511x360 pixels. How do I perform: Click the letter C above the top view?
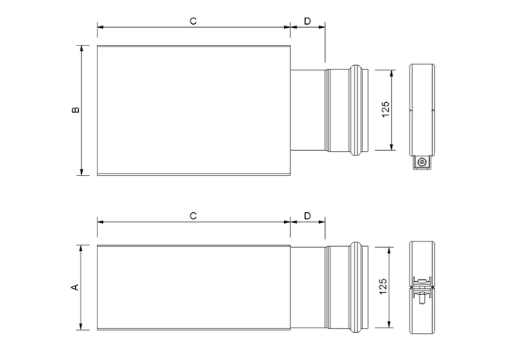tap(194, 21)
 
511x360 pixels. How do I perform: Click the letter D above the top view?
tap(307, 21)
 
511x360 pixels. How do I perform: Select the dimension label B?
tap(75, 110)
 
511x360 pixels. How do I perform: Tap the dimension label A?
tap(75, 287)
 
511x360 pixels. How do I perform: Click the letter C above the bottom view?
tap(194, 216)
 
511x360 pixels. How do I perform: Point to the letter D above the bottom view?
tap(307, 216)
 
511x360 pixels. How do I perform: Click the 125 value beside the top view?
tap(386, 109)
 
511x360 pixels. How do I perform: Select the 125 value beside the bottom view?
tap(383, 286)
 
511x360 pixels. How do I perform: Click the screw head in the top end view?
tap(422, 162)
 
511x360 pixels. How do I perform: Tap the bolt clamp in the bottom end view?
tap(422, 289)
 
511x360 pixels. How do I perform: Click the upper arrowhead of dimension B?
tap(82, 48)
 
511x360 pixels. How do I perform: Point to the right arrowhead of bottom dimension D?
tap(321, 222)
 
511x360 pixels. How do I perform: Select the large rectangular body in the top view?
tap(194, 110)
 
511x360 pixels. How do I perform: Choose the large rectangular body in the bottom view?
tap(194, 287)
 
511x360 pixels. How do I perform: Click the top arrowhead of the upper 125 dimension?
tap(392, 73)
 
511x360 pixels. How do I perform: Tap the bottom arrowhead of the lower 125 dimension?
tap(389, 324)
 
